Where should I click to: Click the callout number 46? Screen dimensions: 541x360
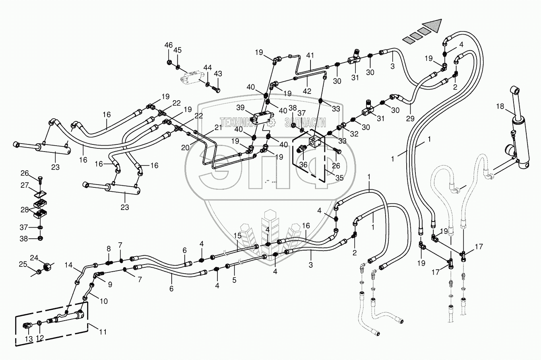(x=169, y=45)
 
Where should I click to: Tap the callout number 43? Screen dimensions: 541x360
(x=218, y=74)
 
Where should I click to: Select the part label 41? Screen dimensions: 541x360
(x=310, y=56)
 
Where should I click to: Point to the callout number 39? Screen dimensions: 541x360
(x=240, y=107)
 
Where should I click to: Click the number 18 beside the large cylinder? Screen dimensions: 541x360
(x=500, y=106)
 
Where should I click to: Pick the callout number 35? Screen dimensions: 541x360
(x=339, y=178)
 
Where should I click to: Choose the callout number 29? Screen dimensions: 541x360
(x=410, y=119)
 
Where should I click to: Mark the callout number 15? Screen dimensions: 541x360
(x=237, y=236)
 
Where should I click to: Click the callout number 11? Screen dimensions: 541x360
(x=103, y=332)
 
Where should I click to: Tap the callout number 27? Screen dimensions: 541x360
(x=25, y=185)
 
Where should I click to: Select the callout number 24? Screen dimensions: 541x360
(x=34, y=258)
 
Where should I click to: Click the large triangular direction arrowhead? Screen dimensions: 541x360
(x=432, y=26)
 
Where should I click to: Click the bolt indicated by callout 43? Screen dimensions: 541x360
(x=216, y=90)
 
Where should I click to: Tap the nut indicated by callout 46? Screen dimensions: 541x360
(x=169, y=62)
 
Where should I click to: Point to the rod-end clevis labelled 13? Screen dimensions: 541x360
(x=26, y=326)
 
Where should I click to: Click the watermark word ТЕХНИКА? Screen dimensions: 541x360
(x=237, y=123)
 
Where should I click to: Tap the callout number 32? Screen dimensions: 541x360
(x=354, y=134)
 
